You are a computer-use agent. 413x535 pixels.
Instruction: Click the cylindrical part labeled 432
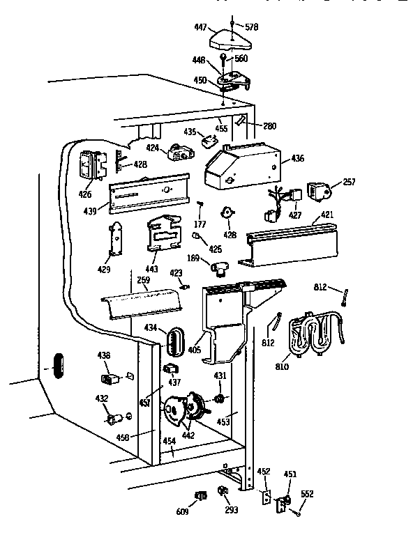click(x=113, y=419)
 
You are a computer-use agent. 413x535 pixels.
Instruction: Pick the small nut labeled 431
click(x=219, y=398)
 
